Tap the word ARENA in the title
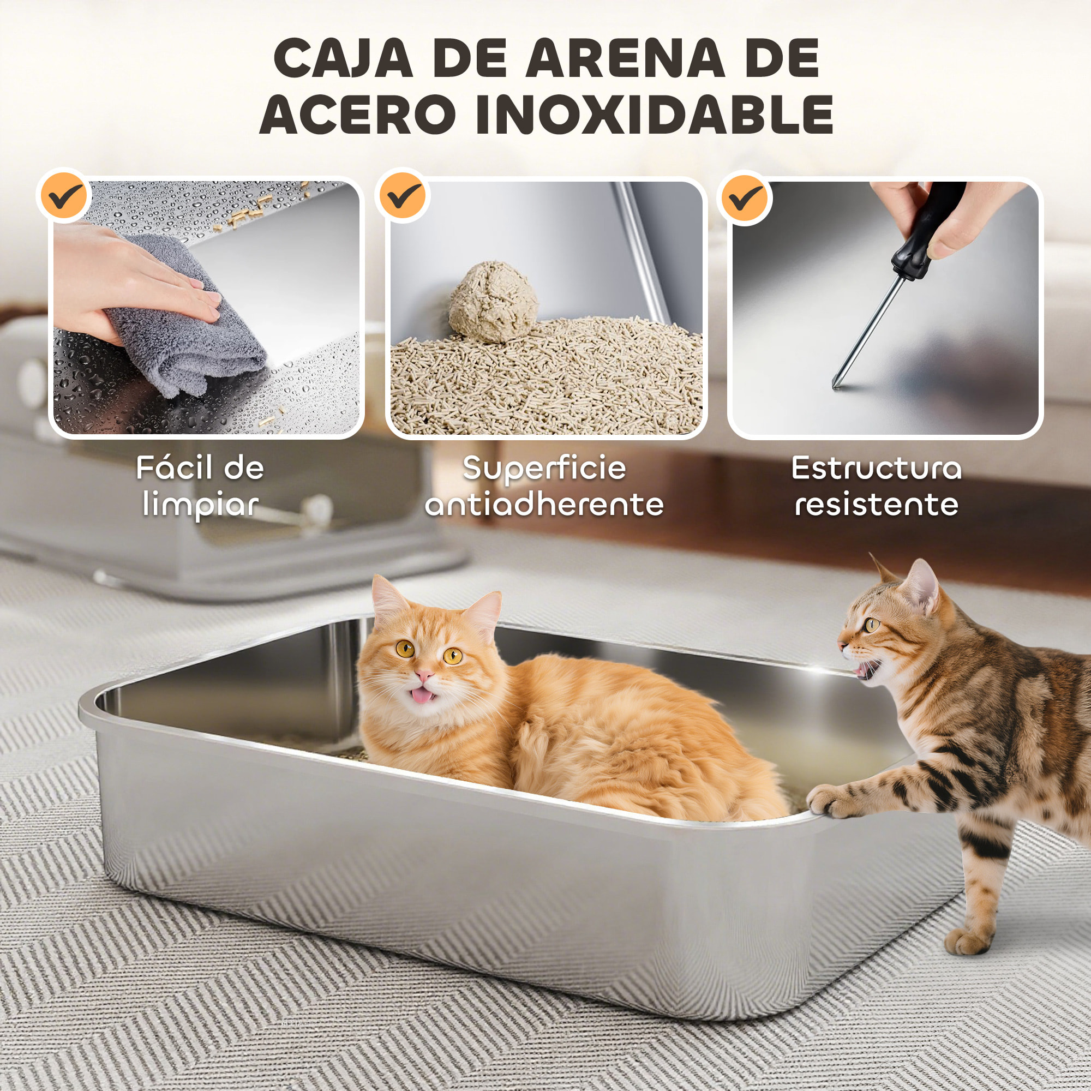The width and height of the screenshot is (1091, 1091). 625,59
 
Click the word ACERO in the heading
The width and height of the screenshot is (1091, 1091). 357,115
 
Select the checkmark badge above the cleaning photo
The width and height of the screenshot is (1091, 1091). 63,195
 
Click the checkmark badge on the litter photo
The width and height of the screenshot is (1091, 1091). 402,195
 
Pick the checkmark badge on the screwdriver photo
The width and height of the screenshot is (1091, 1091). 745,197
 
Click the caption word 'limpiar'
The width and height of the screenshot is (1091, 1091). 200,504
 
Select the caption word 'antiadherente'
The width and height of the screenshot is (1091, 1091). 544,504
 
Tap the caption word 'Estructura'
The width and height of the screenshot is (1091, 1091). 876,468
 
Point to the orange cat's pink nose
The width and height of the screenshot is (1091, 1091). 424,675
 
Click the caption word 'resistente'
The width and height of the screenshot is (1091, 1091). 877,504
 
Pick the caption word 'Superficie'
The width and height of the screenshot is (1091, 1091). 544,468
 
